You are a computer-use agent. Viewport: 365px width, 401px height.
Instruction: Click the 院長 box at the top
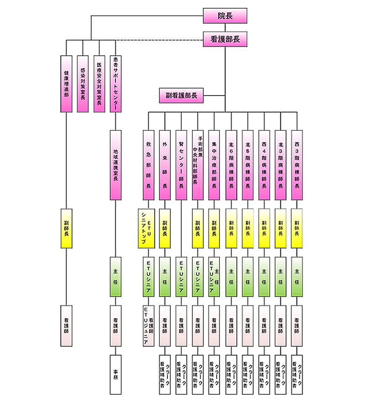(225, 16)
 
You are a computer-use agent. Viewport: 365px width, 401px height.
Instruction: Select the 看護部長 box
(225, 39)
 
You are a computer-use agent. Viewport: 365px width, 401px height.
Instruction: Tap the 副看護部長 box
(181, 96)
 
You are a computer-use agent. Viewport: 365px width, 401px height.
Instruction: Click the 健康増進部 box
(66, 84)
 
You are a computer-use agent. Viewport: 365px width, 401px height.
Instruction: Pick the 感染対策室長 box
(83, 84)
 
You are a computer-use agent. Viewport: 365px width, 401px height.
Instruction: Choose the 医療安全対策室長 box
(99, 84)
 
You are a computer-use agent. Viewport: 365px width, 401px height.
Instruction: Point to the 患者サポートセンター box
(116, 84)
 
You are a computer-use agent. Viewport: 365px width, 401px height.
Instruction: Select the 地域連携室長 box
(116, 165)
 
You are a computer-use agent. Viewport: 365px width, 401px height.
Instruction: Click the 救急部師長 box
(148, 165)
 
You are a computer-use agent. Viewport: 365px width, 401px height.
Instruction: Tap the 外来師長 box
(165, 165)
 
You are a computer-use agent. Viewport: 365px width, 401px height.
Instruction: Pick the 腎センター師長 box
(181, 165)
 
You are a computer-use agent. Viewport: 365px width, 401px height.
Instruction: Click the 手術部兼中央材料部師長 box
(198, 165)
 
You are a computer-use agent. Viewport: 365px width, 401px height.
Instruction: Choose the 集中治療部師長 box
(214, 165)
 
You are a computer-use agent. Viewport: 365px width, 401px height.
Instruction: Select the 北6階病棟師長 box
(231, 165)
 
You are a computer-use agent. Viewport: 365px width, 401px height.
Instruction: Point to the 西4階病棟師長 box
(264, 165)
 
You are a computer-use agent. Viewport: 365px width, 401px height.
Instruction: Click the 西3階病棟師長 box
(297, 165)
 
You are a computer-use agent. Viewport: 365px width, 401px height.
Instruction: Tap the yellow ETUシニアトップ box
(148, 228)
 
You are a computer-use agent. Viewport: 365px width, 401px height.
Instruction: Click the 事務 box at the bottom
(116, 374)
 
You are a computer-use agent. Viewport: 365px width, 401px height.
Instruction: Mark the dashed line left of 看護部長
(160, 40)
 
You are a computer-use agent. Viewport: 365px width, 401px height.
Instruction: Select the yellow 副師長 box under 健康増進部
(66, 228)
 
